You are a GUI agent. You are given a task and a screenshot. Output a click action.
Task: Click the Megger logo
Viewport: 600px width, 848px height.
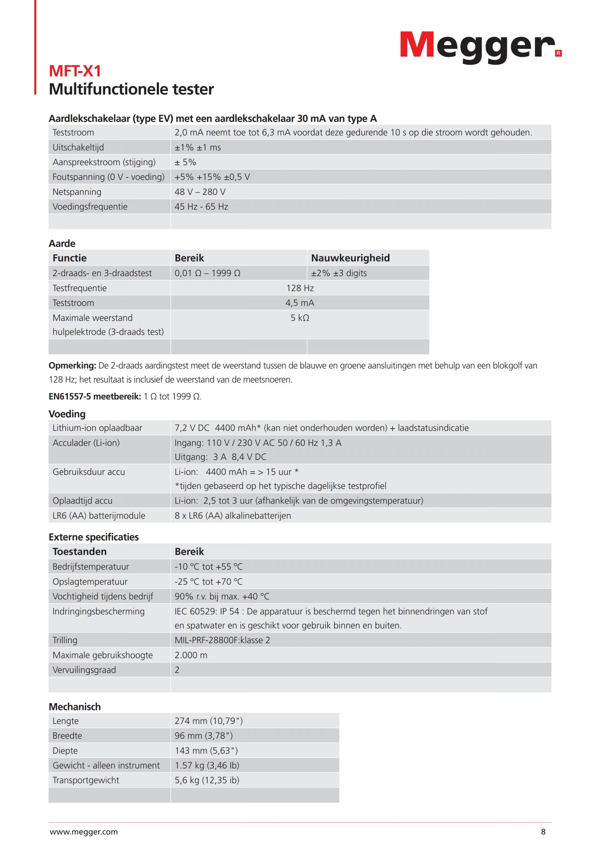(x=480, y=46)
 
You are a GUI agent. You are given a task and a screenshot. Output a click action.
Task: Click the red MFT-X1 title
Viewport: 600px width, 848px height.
(x=75, y=71)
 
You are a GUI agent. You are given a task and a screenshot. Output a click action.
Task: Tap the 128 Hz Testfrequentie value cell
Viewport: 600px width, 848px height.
(x=300, y=288)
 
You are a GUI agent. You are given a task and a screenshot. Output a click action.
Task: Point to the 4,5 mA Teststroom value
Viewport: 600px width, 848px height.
(x=300, y=303)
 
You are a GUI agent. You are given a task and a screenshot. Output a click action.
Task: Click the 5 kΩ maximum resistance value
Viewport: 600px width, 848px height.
(x=300, y=318)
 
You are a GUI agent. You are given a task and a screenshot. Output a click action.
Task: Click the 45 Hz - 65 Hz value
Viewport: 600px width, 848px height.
(x=201, y=206)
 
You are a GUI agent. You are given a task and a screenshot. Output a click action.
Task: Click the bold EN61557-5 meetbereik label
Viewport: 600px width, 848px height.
(x=95, y=396)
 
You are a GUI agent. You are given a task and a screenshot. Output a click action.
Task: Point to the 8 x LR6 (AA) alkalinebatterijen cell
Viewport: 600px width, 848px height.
(x=232, y=516)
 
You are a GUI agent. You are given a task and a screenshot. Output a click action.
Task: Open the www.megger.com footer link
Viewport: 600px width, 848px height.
(x=83, y=832)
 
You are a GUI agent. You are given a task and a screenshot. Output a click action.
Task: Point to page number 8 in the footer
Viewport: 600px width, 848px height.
(x=543, y=832)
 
